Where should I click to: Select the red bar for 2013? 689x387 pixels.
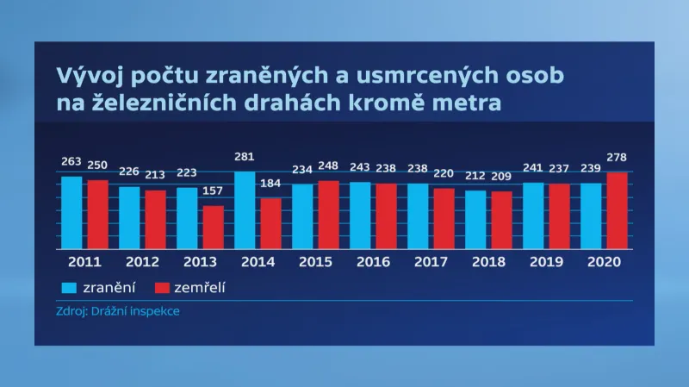click(x=214, y=227)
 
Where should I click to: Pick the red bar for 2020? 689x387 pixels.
click(x=617, y=210)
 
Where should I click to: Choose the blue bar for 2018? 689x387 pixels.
click(x=475, y=219)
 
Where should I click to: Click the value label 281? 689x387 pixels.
click(x=246, y=156)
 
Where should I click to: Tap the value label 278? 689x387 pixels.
click(x=618, y=157)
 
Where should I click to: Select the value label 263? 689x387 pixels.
click(x=72, y=161)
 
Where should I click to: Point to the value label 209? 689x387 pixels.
click(x=502, y=176)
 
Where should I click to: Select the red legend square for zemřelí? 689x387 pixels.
click(x=161, y=287)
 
